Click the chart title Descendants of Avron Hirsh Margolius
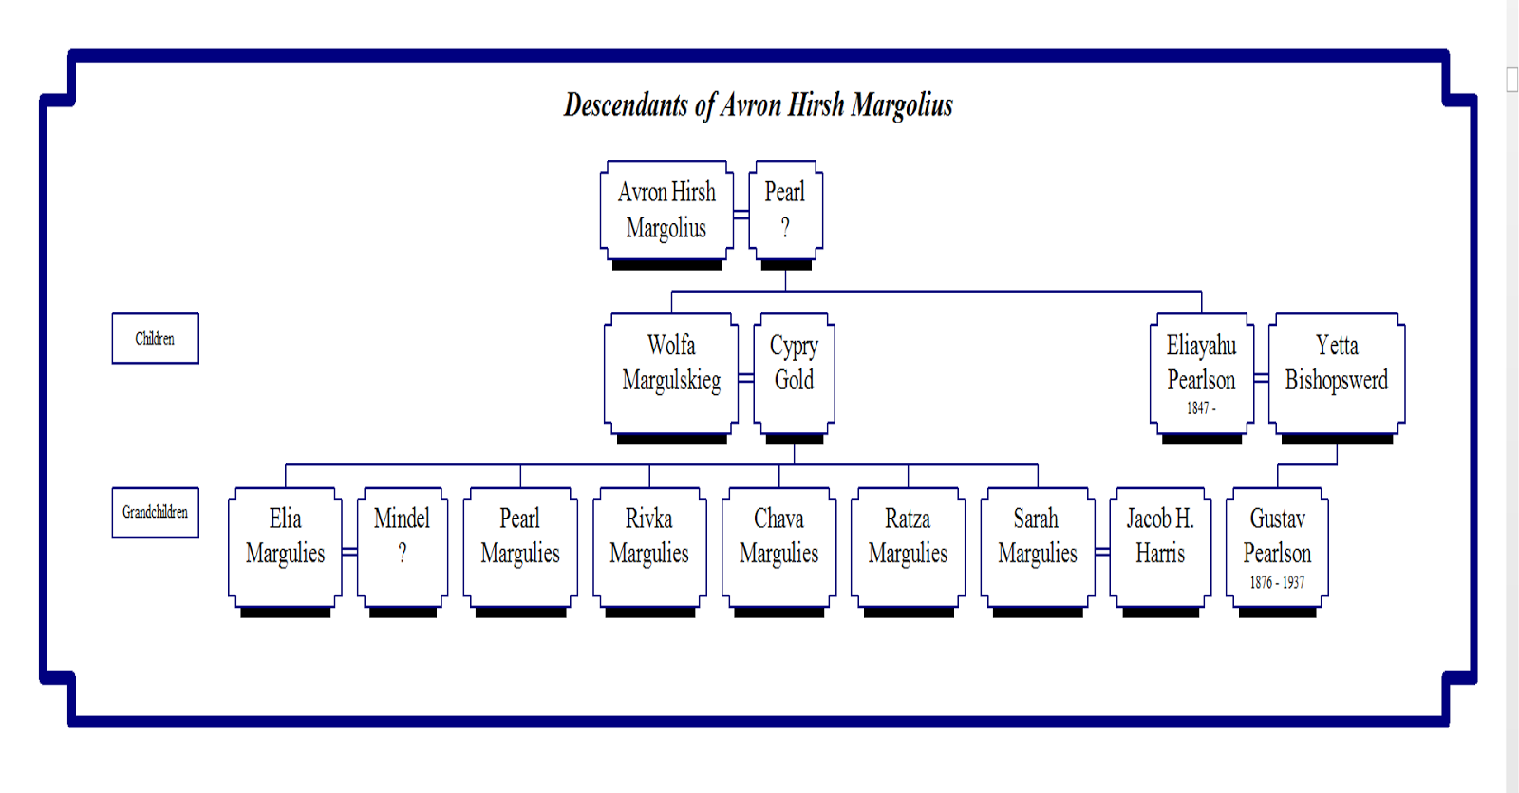tap(758, 104)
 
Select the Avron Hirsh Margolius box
tap(666, 210)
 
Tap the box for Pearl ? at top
tap(785, 210)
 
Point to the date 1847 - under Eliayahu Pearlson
tap(1200, 408)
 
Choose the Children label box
tap(155, 338)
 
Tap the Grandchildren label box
tap(155, 513)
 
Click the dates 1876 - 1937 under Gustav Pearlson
tap(1277, 582)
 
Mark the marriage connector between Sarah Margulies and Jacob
tap(1102, 552)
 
